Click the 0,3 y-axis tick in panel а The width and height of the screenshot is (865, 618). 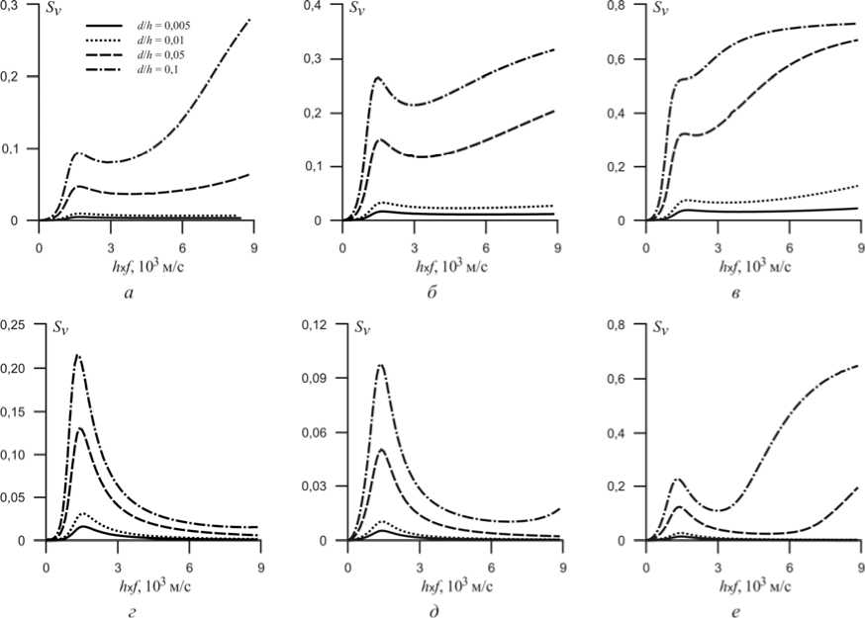tap(20, 5)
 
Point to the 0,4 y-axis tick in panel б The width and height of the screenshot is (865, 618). tap(323, 6)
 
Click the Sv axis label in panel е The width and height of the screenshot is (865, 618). tap(664, 328)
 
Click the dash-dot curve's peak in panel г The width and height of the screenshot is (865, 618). tap(76, 355)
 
